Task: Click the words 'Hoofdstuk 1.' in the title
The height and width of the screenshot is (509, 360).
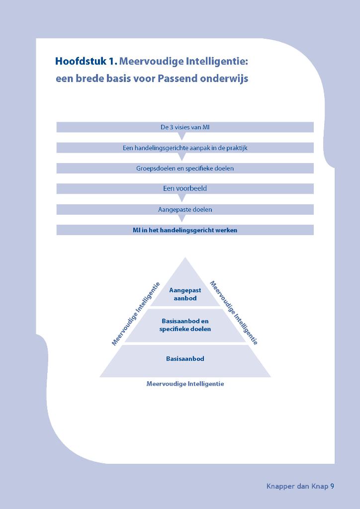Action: point(86,62)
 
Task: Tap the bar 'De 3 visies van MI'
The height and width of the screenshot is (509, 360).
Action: point(185,127)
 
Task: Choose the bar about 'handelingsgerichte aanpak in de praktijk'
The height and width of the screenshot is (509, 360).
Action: point(185,148)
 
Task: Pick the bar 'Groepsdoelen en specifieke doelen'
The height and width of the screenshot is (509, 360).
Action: point(185,168)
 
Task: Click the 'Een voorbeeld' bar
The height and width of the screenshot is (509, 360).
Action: point(185,188)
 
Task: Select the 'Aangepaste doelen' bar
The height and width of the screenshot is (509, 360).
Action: point(185,209)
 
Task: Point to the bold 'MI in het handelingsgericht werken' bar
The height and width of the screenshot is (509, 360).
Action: point(185,230)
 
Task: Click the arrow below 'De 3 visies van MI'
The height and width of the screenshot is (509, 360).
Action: point(182,136)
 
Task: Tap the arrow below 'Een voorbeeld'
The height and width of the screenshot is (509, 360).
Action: point(182,197)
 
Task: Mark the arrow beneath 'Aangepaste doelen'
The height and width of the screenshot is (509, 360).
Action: point(182,218)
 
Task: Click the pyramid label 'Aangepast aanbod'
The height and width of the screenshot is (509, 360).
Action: point(185,294)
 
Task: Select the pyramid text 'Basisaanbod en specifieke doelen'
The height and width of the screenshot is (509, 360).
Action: point(185,325)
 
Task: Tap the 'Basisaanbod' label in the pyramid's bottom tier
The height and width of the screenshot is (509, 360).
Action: point(185,358)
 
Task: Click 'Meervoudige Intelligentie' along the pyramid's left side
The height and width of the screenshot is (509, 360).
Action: point(136,314)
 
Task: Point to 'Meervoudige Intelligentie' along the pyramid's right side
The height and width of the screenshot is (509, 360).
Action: point(234,313)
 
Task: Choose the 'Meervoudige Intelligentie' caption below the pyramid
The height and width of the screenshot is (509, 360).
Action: point(185,384)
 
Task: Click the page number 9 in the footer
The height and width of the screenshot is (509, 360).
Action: point(332,486)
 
